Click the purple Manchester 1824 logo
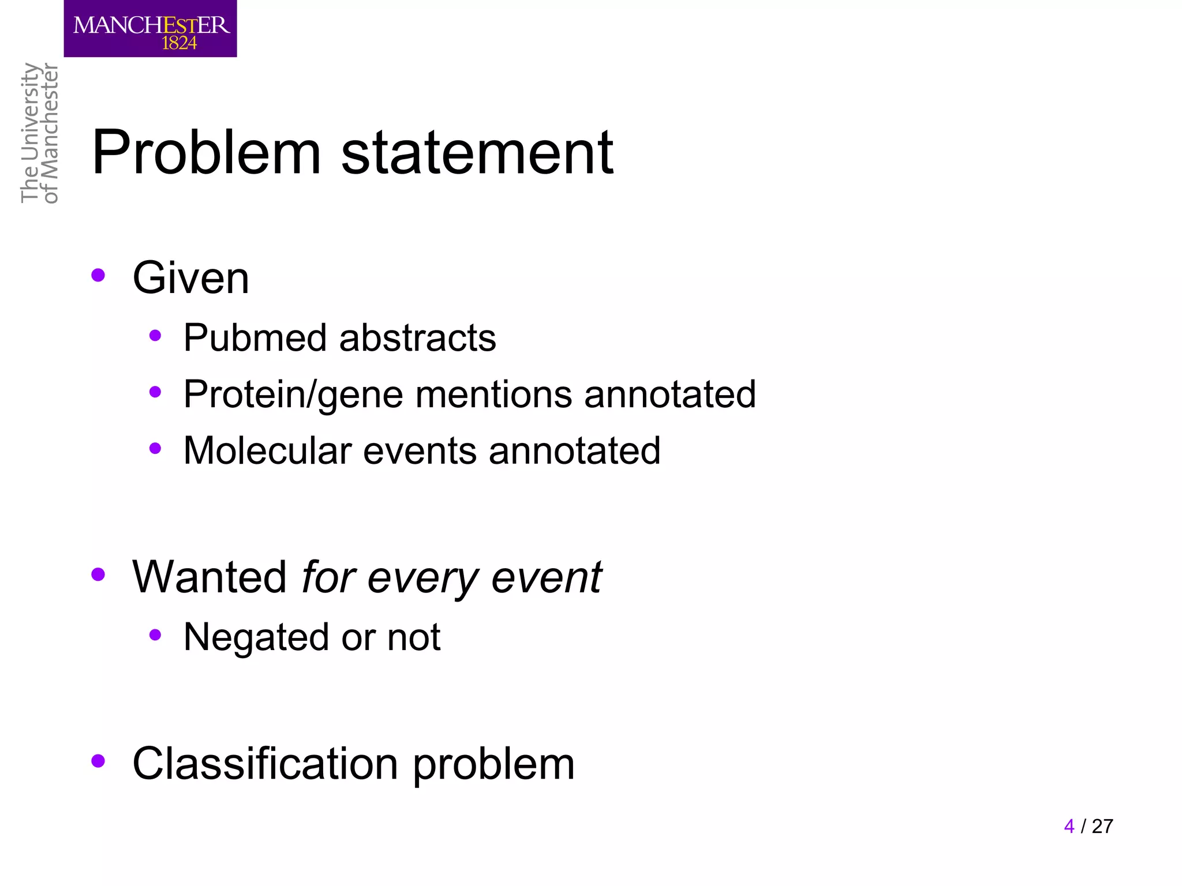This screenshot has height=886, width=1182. point(150,28)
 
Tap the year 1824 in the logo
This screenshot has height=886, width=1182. point(179,43)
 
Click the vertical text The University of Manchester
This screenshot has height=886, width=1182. point(39,133)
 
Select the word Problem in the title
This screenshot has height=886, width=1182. point(206,153)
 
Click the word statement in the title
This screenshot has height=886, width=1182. point(477,153)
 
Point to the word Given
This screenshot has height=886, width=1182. point(190,278)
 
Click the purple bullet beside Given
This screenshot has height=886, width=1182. point(98,275)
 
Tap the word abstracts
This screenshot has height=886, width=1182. point(417,337)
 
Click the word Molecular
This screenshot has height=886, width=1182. point(267,450)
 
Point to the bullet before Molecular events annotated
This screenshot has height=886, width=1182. point(155,448)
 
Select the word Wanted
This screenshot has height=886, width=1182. point(209,577)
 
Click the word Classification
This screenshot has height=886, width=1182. point(265,764)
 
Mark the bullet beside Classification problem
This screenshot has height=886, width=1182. point(98,761)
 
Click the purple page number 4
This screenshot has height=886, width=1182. point(1069,826)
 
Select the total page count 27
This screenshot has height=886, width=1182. point(1102,826)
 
